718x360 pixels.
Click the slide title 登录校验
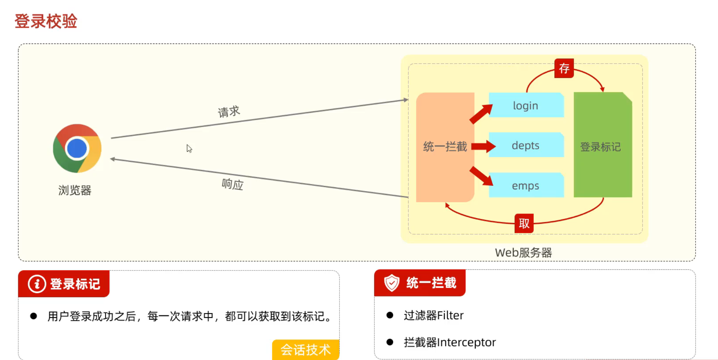tap(46, 21)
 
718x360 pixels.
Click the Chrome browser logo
tap(77, 148)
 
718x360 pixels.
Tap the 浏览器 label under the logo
tap(75, 190)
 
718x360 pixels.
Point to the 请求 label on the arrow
tap(229, 112)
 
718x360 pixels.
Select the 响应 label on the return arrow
tap(232, 184)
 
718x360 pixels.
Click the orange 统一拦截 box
tap(445, 147)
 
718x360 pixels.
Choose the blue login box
tap(526, 105)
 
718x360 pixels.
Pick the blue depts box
tap(526, 145)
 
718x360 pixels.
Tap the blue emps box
tap(526, 185)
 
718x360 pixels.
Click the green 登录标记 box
tap(603, 145)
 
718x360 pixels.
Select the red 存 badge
tap(564, 68)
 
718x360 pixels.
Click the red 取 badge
tap(524, 223)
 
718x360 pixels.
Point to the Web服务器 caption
tap(523, 253)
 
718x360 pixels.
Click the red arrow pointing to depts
tap(483, 146)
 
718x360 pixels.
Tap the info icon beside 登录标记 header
tap(37, 284)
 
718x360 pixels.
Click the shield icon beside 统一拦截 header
tap(392, 283)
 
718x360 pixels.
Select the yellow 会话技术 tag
tap(306, 350)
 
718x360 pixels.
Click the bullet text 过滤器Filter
tap(434, 315)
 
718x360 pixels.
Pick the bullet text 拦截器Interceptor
tap(450, 342)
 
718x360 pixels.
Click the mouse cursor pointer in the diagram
tap(189, 149)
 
